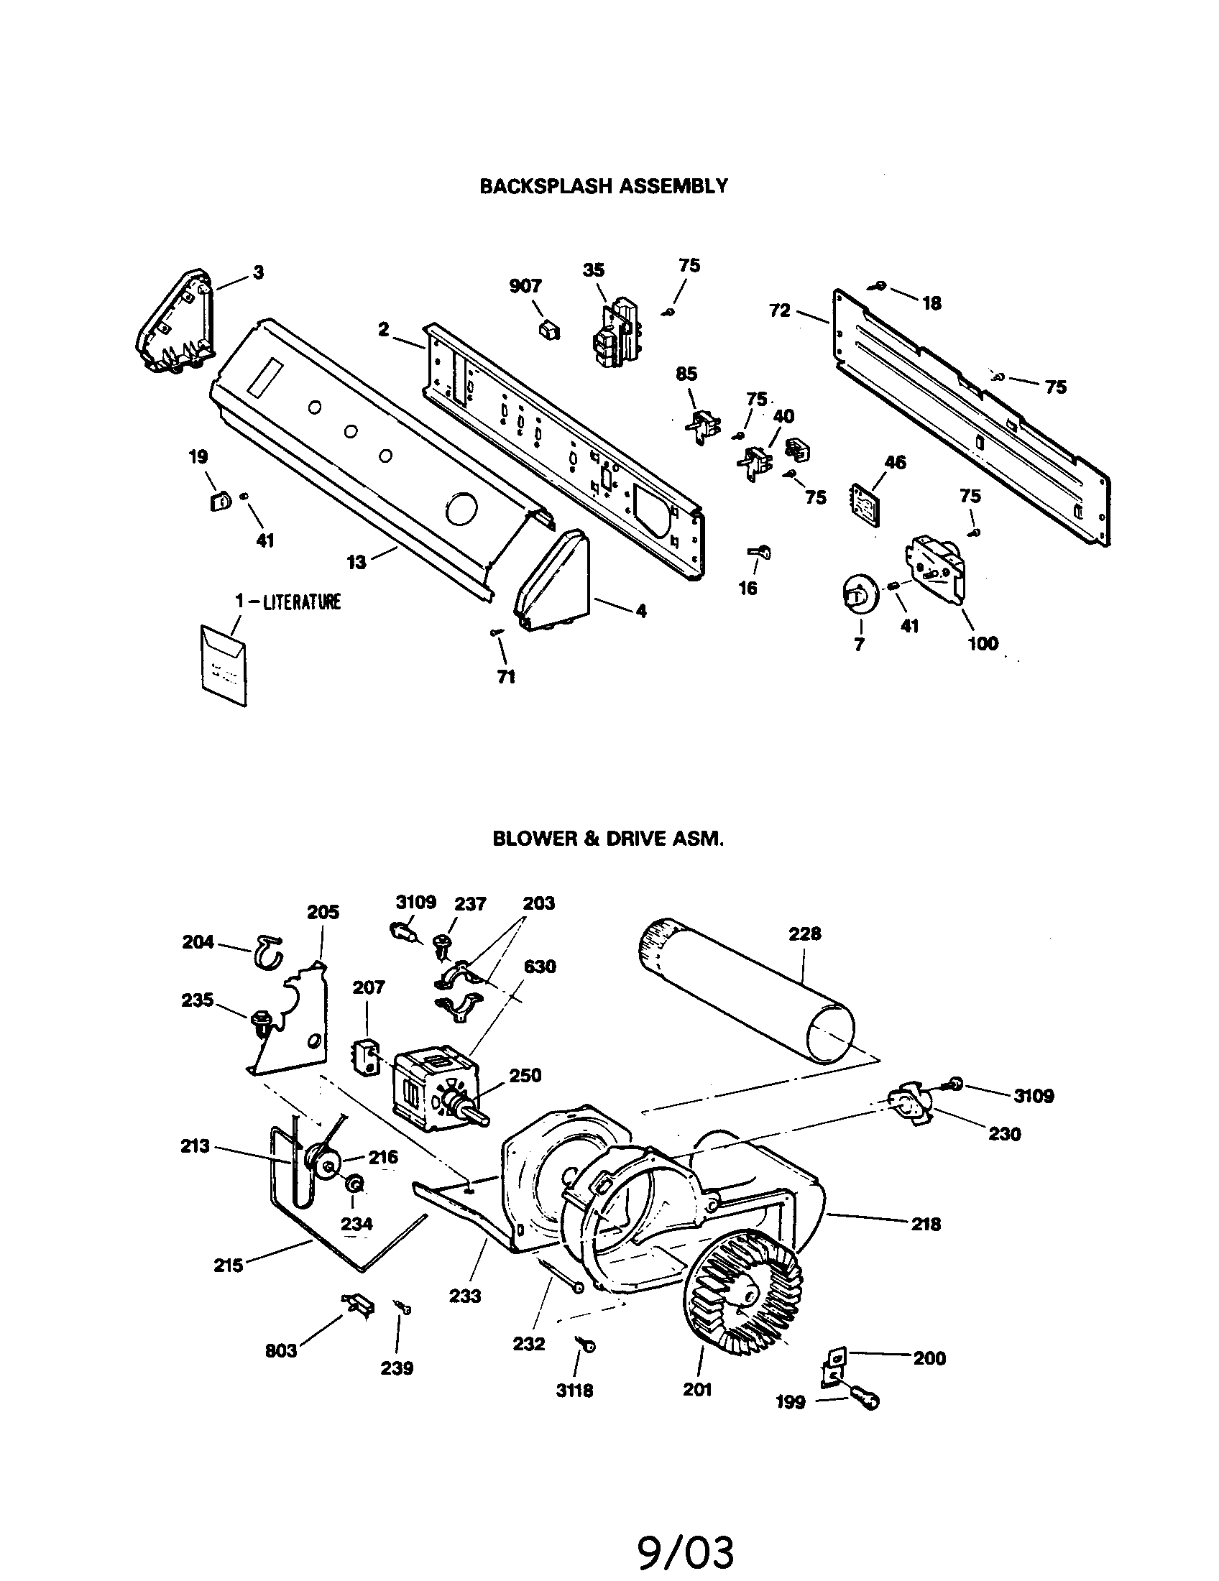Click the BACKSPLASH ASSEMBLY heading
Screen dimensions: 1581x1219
[x=604, y=186]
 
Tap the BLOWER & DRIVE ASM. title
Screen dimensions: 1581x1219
[x=608, y=839]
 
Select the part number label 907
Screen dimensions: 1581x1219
[x=525, y=286]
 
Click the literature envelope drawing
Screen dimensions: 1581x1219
[x=222, y=666]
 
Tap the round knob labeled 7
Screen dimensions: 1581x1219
[x=860, y=594]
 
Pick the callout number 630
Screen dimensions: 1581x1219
[x=540, y=967]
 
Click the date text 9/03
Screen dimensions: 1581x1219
[x=686, y=1548]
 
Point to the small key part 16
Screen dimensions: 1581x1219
[x=759, y=554]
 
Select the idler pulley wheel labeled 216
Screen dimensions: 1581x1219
[x=322, y=1163]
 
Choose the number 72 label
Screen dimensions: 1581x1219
[x=779, y=312]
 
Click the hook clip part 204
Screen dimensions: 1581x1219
[x=268, y=951]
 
